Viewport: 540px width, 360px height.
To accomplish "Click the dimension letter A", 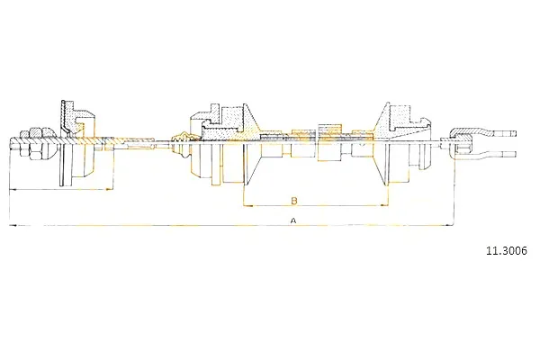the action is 293,220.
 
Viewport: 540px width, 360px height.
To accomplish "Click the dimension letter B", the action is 294,201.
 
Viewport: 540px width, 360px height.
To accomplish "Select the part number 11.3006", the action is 507,251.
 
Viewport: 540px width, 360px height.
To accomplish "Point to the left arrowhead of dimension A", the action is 13,225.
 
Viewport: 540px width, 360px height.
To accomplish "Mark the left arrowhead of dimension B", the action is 248,206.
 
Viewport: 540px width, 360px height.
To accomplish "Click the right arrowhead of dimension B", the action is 383,206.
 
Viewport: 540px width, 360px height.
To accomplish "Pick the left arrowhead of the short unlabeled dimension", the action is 13,189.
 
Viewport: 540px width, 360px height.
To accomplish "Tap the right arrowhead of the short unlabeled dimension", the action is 110,189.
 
